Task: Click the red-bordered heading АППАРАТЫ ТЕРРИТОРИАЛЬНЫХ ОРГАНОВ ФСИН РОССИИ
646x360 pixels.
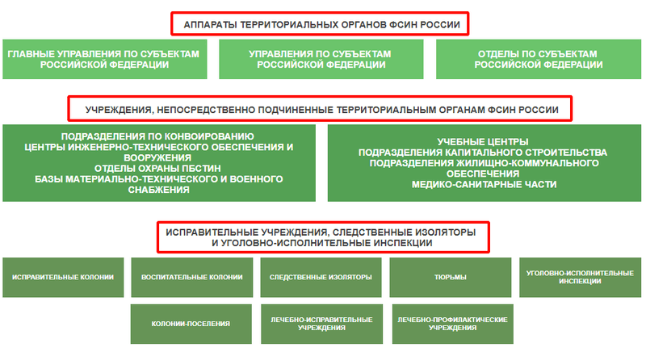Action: pyautogui.click(x=320, y=24)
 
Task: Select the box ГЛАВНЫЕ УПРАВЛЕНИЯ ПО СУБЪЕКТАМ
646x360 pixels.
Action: pyautogui.click(x=105, y=59)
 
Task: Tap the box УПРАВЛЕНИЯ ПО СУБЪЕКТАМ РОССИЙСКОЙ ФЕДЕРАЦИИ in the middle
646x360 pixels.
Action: pyautogui.click(x=321, y=59)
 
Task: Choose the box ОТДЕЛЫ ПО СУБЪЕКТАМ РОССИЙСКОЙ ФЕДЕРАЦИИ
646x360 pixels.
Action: pyautogui.click(x=539, y=59)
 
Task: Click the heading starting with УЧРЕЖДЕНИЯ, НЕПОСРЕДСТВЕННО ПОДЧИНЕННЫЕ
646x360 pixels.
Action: pyautogui.click(x=320, y=109)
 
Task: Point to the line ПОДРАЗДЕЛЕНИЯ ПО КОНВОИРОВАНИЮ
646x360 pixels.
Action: pyautogui.click(x=157, y=136)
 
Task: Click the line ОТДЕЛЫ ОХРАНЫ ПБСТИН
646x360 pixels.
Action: pyautogui.click(x=157, y=169)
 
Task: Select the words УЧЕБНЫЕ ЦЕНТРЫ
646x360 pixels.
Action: pyautogui.click(x=482, y=142)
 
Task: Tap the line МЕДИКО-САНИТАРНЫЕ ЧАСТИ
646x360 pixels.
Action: pyautogui.click(x=484, y=185)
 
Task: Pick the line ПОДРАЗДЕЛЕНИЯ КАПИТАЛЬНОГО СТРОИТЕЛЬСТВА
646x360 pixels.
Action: pyautogui.click(x=482, y=153)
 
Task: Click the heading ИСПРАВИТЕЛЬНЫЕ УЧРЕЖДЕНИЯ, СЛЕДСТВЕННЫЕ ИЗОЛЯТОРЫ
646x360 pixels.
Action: pyautogui.click(x=323, y=237)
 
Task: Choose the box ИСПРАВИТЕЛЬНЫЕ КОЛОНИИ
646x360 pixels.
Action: pyautogui.click(x=63, y=277)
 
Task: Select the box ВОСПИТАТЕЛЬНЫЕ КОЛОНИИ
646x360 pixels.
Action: pyautogui.click(x=192, y=277)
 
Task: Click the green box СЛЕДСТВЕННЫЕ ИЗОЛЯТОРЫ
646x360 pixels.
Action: pyautogui.click(x=321, y=277)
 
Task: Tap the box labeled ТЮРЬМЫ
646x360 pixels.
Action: pyautogui.click(x=451, y=277)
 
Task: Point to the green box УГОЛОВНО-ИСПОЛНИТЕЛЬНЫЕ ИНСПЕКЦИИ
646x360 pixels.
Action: pyautogui.click(x=580, y=277)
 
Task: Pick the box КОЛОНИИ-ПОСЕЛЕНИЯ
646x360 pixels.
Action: pyautogui.click(x=191, y=324)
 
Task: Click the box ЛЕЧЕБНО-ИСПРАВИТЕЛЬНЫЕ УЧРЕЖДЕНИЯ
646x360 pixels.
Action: pyautogui.click(x=321, y=324)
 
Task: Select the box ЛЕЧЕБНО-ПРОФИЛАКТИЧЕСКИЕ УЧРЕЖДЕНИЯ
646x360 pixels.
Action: pyautogui.click(x=453, y=324)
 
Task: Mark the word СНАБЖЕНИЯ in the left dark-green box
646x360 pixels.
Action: pyautogui.click(x=158, y=190)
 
